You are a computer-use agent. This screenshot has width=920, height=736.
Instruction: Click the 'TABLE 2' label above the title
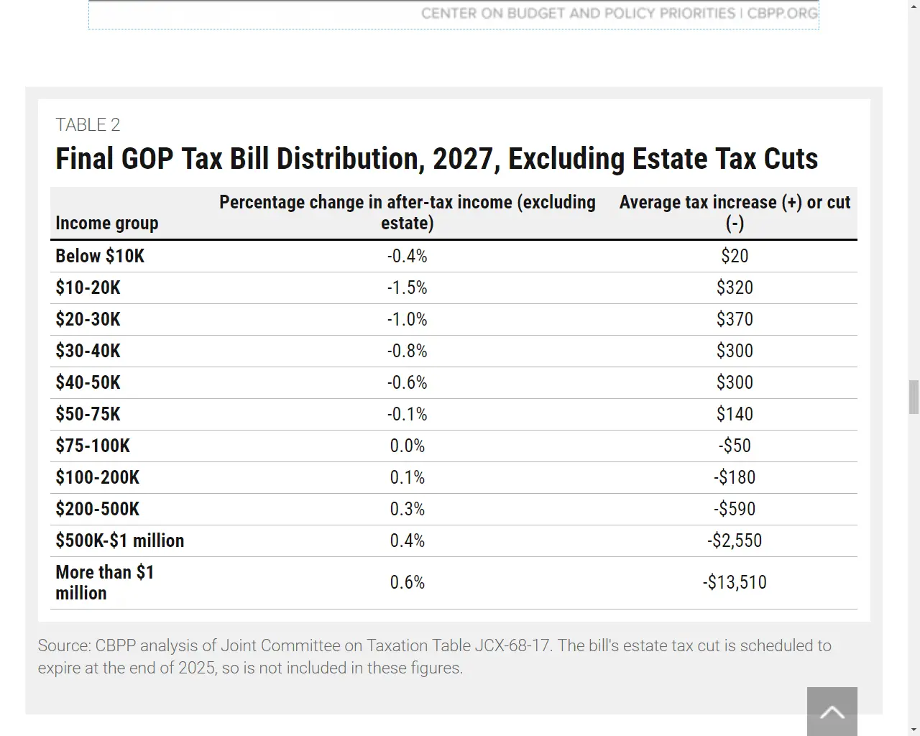[x=88, y=125]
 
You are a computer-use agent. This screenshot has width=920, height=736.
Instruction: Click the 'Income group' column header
[x=106, y=224]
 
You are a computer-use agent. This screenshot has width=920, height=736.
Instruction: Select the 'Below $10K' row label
[x=100, y=256]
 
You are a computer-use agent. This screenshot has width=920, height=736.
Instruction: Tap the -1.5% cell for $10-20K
[x=407, y=287]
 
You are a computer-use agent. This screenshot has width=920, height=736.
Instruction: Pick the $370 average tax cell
[x=735, y=319]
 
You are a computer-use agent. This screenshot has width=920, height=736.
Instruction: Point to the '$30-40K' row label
[x=88, y=351]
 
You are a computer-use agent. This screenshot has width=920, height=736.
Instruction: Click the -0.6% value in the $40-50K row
[x=407, y=382]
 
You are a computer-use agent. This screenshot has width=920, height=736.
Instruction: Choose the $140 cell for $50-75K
[x=735, y=414]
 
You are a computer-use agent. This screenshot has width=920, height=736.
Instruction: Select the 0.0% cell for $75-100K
[x=407, y=446]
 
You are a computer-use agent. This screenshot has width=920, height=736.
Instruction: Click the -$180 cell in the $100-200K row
[x=735, y=477]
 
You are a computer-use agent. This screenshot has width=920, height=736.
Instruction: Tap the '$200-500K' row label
[x=97, y=509]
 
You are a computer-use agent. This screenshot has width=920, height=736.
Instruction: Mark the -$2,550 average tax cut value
[x=735, y=540]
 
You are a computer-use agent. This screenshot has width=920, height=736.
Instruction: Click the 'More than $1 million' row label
[x=104, y=582]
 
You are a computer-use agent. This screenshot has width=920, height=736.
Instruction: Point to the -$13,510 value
[x=735, y=582]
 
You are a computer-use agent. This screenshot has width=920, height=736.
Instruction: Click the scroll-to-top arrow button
[x=832, y=712]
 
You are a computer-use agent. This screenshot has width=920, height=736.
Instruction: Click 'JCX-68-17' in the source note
[x=512, y=645]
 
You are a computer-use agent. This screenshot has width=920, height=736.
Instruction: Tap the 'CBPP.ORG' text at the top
[x=782, y=14]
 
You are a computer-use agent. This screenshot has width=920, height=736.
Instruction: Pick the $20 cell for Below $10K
[x=735, y=256]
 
